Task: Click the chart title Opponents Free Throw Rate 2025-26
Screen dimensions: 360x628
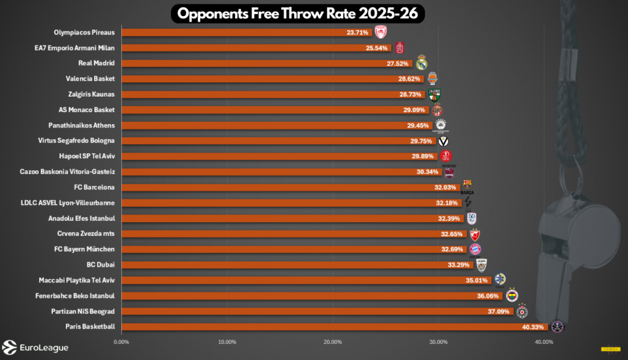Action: (x=298, y=14)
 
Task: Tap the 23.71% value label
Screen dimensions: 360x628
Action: (x=357, y=33)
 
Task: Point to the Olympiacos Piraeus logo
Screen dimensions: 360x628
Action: (x=381, y=32)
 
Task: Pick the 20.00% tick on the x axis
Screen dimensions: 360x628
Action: (x=332, y=342)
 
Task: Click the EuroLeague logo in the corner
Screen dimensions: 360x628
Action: (x=36, y=348)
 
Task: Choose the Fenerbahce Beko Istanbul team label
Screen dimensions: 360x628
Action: (x=83, y=296)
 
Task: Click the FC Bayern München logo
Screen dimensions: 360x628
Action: (x=475, y=249)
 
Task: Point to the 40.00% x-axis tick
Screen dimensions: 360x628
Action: (x=544, y=342)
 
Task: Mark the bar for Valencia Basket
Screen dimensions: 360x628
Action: (x=259, y=79)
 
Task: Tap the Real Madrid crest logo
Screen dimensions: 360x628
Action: (x=422, y=63)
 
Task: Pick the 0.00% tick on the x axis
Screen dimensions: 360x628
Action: (x=122, y=342)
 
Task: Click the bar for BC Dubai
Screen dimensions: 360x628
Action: (x=296, y=265)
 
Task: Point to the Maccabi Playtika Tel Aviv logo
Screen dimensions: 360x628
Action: (x=500, y=280)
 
